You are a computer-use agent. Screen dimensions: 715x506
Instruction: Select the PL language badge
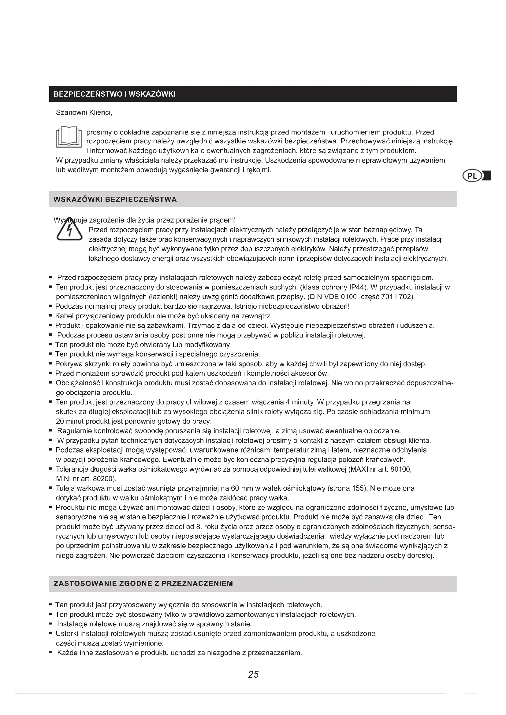(x=472, y=176)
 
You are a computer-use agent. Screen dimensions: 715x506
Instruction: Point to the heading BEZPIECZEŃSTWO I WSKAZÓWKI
(x=115, y=94)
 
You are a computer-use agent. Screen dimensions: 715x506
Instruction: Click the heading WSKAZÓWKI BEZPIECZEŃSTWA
(x=115, y=200)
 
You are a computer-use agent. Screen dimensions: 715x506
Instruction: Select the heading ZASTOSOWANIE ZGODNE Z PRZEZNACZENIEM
(x=143, y=584)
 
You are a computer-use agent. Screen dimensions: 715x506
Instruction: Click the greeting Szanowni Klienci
(x=84, y=112)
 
